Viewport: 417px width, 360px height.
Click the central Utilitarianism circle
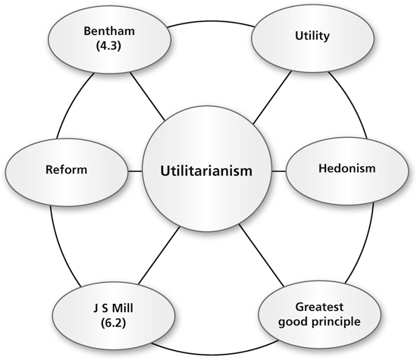click(x=207, y=170)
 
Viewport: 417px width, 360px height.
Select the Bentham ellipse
click(x=109, y=39)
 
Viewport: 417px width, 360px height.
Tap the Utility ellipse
click(x=312, y=37)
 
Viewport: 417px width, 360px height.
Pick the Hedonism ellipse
click(x=347, y=171)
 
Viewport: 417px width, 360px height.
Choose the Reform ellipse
click(x=67, y=171)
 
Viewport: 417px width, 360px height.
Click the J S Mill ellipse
click(x=114, y=315)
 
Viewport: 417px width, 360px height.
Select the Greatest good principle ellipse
click(x=319, y=315)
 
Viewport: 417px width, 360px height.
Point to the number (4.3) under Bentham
click(x=108, y=45)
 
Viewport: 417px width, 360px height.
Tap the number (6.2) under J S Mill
click(x=113, y=323)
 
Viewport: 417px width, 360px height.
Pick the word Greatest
click(x=319, y=307)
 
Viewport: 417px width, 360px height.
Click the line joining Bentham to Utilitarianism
click(x=147, y=96)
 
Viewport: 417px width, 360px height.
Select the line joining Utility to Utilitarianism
click(x=272, y=98)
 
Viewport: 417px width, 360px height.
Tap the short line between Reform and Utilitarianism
click(x=135, y=171)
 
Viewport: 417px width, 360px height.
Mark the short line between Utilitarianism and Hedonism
click(x=279, y=171)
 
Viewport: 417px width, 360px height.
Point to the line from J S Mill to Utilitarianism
click(x=159, y=255)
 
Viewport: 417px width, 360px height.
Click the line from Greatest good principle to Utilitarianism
click(x=262, y=255)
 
